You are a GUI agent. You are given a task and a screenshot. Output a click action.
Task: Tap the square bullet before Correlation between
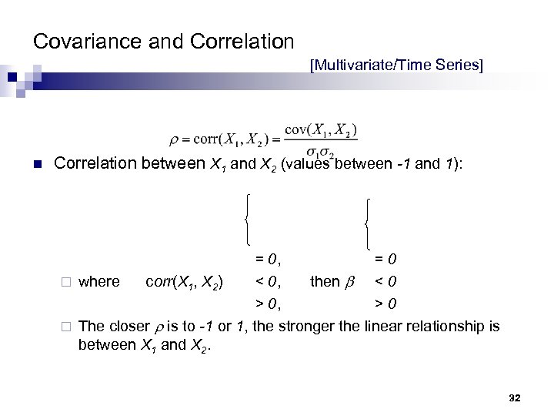click(38, 164)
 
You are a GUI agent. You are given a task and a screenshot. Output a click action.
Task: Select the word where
click(99, 282)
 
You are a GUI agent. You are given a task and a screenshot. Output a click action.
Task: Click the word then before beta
click(325, 282)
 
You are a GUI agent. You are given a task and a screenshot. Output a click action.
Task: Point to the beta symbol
click(348, 283)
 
